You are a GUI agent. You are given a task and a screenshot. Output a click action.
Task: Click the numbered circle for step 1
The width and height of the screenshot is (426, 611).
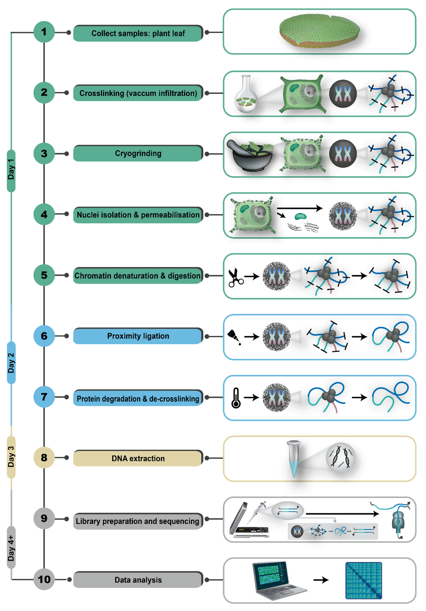pyautogui.click(x=44, y=32)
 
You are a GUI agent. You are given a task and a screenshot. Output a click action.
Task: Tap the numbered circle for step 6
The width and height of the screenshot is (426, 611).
pyautogui.click(x=44, y=336)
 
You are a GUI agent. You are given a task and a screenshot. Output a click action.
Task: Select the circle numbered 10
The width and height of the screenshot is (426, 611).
pyautogui.click(x=44, y=579)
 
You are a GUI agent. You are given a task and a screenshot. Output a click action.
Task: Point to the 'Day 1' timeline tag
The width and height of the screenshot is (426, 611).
pyautogui.click(x=11, y=170)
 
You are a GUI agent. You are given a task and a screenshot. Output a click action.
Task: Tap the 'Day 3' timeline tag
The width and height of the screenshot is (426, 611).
pyautogui.click(x=11, y=457)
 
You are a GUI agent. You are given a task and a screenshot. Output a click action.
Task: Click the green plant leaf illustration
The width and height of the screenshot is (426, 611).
pyautogui.click(x=319, y=31)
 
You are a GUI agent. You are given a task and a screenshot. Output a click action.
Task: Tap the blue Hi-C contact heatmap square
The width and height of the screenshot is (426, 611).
pyautogui.click(x=363, y=580)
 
